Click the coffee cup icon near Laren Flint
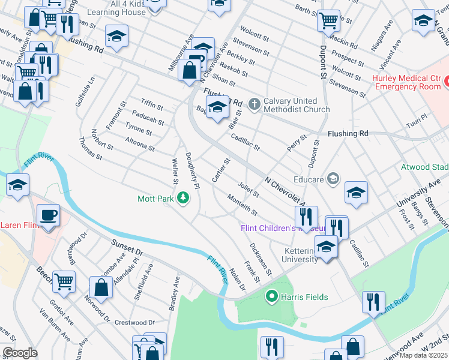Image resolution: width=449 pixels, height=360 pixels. [47, 214]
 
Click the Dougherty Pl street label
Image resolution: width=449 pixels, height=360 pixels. [192, 171]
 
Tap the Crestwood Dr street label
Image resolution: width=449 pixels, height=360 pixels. [134, 323]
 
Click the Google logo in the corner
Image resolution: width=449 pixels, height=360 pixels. [20, 353]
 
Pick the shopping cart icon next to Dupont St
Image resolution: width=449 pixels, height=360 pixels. [328, 20]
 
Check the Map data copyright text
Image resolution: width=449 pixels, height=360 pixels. [423, 355]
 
